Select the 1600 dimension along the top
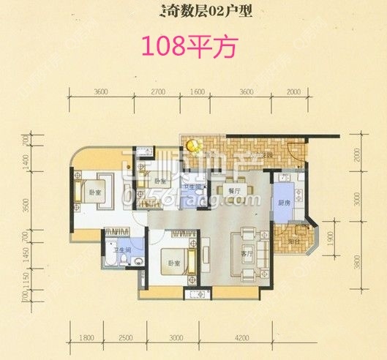click(197, 92)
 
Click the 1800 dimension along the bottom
click(86, 337)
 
